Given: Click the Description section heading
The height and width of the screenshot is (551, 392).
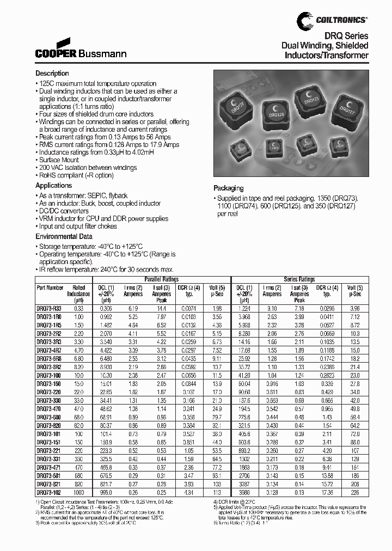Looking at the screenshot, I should pyautogui.click(x=53, y=73).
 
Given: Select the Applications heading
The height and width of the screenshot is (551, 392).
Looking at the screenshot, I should pyautogui.click(x=54, y=186).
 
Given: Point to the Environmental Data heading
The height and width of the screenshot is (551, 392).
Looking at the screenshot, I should pyautogui.click(x=64, y=236).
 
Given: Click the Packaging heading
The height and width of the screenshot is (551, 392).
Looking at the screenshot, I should pyautogui.click(x=228, y=188).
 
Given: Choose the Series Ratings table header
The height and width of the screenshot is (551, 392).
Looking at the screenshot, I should pyautogui.click(x=299, y=278).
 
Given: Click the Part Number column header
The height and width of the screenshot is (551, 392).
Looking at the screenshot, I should pyautogui.click(x=50, y=287).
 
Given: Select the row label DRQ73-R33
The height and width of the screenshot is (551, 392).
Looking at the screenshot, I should pyautogui.click(x=49, y=308).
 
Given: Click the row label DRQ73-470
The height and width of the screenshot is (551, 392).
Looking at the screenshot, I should pyautogui.click(x=49, y=408).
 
